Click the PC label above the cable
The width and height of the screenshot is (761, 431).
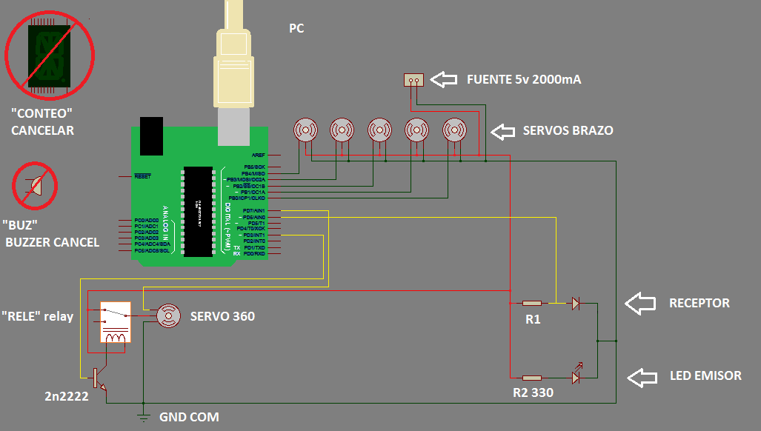(x=296, y=29)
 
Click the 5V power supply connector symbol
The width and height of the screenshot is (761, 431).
(x=413, y=80)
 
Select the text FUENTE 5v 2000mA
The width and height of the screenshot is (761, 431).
(x=523, y=79)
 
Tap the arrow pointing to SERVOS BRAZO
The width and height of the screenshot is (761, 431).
(x=503, y=131)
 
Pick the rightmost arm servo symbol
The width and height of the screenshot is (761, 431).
(x=454, y=130)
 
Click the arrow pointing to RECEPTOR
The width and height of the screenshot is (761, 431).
(x=640, y=303)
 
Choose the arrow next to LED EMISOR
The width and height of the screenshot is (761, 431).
(x=642, y=376)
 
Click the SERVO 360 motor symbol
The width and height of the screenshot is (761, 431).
(x=168, y=316)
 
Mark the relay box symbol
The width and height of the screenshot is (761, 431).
(x=116, y=323)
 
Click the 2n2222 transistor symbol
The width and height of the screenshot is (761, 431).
(x=98, y=378)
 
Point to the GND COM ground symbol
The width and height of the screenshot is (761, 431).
(x=144, y=415)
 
